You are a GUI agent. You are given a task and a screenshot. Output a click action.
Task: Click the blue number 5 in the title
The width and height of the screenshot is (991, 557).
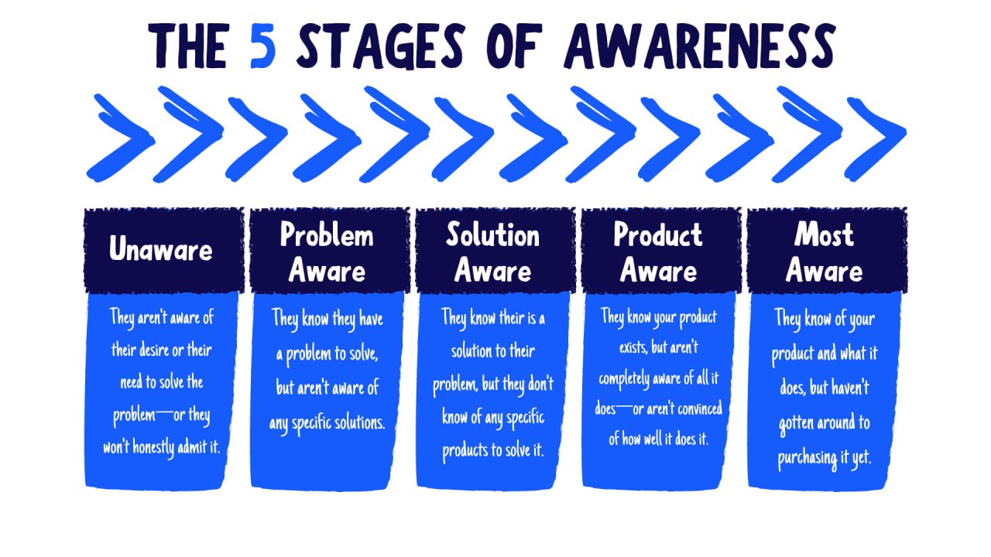point(263,46)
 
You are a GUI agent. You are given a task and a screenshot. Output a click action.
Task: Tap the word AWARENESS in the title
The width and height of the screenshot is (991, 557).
point(699,46)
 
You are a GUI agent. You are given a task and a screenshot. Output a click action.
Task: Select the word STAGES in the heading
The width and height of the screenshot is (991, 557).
point(380,46)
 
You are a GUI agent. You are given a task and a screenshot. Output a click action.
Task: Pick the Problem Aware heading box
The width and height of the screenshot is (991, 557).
point(330,250)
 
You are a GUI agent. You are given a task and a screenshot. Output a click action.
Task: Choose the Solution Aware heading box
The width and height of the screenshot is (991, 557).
point(495,250)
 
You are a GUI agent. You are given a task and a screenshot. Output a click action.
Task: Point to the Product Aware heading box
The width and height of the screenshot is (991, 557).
point(661,250)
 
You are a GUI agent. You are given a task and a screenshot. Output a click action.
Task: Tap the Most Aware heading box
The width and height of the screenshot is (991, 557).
point(827,250)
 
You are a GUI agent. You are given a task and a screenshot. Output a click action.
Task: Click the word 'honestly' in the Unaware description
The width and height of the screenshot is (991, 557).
point(153,447)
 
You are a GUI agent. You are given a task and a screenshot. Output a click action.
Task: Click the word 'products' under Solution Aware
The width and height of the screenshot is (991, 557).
point(465,451)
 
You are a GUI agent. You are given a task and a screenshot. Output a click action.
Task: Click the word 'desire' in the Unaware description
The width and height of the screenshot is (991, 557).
point(154,350)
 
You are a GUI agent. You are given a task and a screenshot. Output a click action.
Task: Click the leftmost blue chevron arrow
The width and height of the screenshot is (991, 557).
point(120,138)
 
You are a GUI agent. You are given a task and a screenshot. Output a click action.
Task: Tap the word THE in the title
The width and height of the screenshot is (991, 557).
point(189,46)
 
